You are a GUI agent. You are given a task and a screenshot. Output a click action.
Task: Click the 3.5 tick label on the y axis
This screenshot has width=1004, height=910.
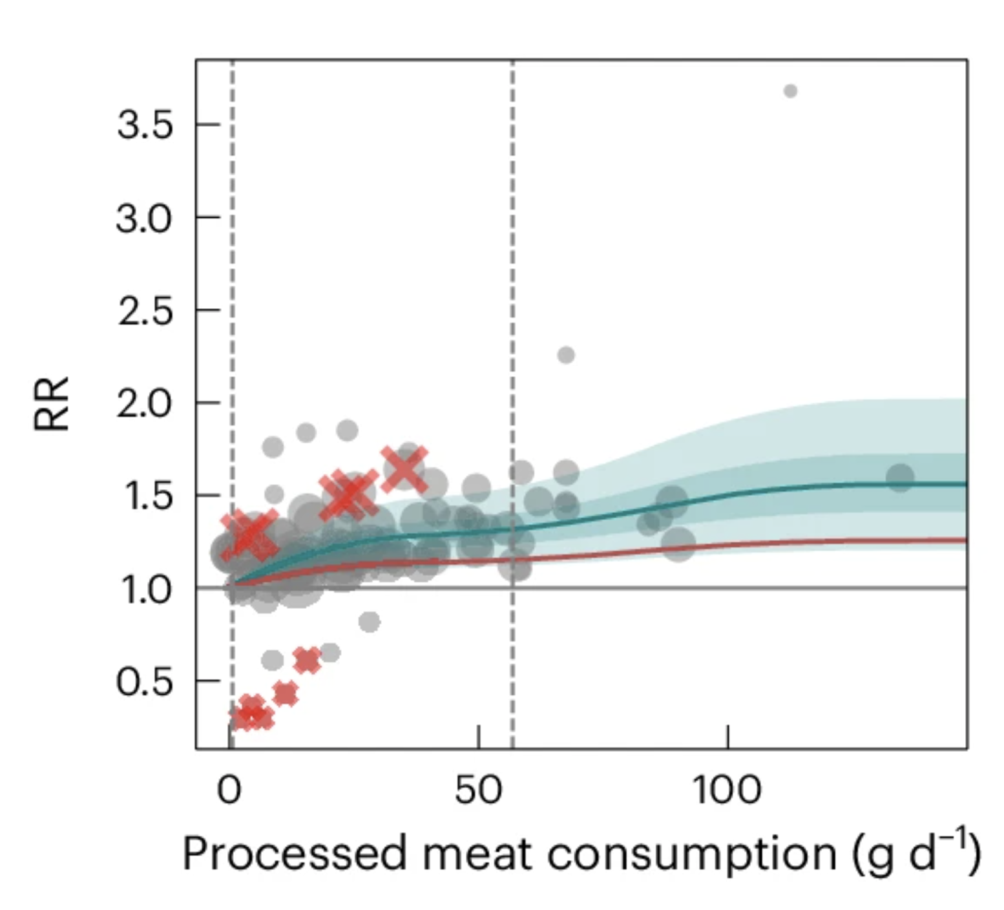pos(145,125)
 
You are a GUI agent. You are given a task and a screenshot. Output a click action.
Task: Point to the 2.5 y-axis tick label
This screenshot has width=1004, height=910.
pos(145,311)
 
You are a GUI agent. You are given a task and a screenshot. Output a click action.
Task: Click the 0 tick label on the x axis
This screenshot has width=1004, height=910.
pos(229,790)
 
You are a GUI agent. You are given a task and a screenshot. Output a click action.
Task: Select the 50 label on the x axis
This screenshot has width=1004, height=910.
pos(478,790)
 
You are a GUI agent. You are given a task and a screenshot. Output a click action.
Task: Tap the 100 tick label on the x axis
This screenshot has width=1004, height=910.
pos(727,790)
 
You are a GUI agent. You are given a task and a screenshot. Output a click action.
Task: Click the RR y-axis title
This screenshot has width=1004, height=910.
pos(51,403)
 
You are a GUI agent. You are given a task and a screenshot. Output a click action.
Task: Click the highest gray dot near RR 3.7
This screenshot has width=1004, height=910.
pos(790,91)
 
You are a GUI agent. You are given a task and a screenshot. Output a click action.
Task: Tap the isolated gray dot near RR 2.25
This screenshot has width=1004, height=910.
pos(566,355)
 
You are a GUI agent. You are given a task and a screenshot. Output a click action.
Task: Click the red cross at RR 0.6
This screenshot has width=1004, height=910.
pos(307,660)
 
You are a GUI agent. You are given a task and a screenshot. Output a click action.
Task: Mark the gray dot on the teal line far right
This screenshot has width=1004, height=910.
pos(900,478)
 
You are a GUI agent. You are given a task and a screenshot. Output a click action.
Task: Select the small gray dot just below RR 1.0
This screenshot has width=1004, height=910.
pos(370,622)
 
